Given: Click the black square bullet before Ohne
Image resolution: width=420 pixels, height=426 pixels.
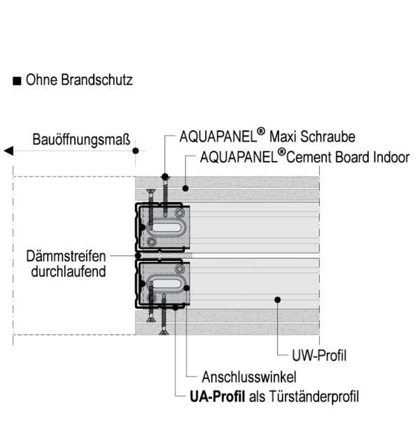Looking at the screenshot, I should [x=17, y=81].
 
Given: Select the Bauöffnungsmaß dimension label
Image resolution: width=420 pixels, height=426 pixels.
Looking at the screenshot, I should [x=81, y=139].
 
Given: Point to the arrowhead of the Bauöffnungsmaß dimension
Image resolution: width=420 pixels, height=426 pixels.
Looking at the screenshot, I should [x=8, y=150].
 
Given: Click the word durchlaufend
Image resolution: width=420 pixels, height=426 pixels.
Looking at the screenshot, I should [x=68, y=270].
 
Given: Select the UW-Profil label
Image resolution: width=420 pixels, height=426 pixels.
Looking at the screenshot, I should [x=319, y=356].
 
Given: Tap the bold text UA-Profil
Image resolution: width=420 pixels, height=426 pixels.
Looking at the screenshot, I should [x=217, y=397].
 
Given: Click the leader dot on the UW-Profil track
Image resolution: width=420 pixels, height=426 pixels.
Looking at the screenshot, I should [x=279, y=300].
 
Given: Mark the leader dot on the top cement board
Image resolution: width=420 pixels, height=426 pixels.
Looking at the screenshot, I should [x=185, y=188].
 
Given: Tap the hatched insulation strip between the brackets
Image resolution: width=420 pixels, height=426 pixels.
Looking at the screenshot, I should [x=165, y=255].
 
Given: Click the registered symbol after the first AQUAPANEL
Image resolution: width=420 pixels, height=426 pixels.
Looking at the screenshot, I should [x=260, y=131].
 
